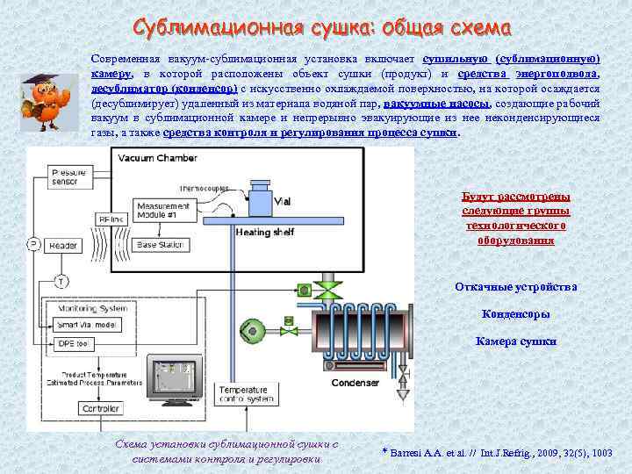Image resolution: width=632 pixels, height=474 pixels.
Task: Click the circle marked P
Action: click(x=32, y=244)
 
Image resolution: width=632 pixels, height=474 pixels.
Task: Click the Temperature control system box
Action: click(x=247, y=394)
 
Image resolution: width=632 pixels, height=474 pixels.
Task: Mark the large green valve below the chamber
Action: click(x=329, y=290)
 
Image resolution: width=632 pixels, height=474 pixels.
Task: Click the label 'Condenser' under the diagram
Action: click(x=355, y=384)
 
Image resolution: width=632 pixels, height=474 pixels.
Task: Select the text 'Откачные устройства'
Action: click(x=515, y=287)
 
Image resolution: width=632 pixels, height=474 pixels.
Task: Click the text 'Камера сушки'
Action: click(x=515, y=341)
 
